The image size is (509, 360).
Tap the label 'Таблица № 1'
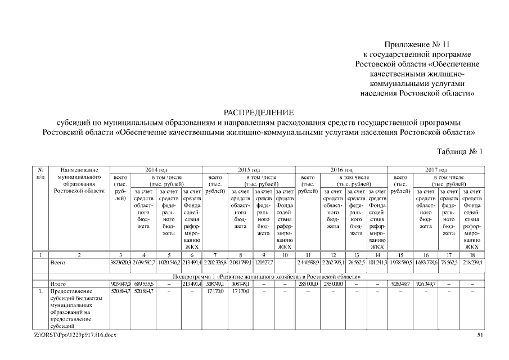(460, 151)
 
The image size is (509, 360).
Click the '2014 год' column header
(156, 169)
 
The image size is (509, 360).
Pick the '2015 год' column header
(248, 169)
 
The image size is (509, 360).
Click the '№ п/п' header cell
(40, 173)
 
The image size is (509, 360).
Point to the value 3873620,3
(121, 263)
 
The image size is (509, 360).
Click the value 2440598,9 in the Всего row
(309, 263)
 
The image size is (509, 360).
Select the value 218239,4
(472, 263)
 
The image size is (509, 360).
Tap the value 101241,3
(378, 263)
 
